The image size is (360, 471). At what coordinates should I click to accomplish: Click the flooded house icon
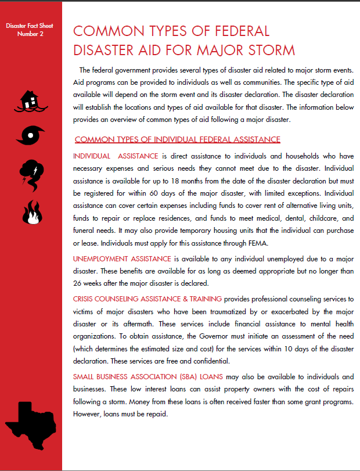(x=31, y=101)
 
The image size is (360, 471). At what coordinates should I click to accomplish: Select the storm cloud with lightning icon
(x=30, y=172)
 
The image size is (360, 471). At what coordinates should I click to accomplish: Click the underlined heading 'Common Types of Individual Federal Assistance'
(x=178, y=139)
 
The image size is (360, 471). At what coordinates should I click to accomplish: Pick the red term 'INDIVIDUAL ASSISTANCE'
(x=116, y=156)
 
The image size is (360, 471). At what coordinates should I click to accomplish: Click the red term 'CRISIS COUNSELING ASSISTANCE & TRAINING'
(x=147, y=299)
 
